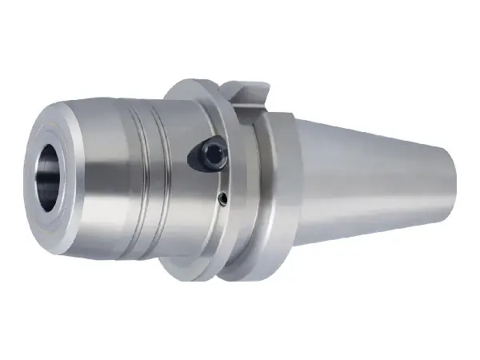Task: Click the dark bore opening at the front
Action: [x=50, y=176]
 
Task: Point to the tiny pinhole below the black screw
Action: [x=224, y=198]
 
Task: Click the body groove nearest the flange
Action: [x=160, y=176]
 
